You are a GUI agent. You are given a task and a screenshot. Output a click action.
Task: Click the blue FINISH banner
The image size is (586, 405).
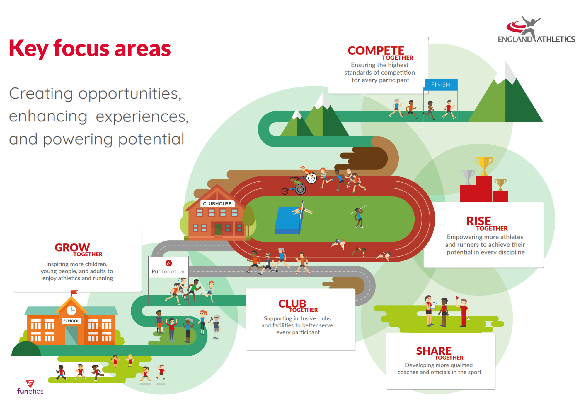click(x=441, y=85)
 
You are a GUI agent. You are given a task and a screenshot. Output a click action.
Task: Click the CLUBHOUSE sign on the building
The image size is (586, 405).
click(x=217, y=204)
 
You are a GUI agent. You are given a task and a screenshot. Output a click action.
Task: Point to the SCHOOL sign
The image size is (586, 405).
click(x=71, y=321)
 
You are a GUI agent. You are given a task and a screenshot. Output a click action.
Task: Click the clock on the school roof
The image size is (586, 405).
click(x=71, y=310)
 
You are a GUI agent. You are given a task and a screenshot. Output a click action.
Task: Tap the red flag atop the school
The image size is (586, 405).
click(x=74, y=292)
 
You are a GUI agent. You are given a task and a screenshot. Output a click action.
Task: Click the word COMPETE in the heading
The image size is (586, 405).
click(x=376, y=51)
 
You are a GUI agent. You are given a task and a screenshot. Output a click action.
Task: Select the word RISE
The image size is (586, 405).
click(x=478, y=221)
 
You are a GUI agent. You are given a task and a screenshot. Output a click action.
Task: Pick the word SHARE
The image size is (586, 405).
click(x=434, y=351)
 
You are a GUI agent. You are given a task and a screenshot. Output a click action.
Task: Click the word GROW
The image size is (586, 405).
click(x=72, y=248)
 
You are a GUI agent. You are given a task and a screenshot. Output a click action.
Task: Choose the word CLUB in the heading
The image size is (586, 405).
click(x=292, y=304)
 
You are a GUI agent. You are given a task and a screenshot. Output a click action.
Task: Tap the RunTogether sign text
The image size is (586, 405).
click(x=168, y=272)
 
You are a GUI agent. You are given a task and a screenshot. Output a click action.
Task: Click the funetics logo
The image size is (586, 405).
click(x=30, y=387)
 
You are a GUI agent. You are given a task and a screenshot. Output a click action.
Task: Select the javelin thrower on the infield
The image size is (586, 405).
click(x=359, y=217)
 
